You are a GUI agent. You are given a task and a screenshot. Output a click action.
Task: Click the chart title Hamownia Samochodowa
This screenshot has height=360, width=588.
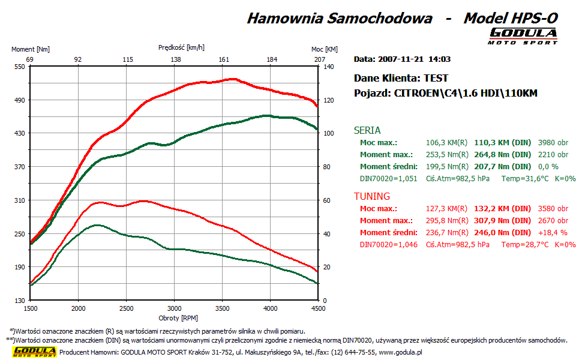[x=340, y=18]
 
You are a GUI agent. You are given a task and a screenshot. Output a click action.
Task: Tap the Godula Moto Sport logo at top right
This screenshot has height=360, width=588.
[x=523, y=36]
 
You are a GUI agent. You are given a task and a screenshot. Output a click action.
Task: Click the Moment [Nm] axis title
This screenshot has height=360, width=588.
[x=31, y=49]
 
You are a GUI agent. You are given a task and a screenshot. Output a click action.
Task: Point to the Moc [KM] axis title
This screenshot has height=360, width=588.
[x=325, y=49]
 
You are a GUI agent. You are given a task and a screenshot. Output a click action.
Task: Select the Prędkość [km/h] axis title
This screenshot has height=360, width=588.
[x=182, y=47]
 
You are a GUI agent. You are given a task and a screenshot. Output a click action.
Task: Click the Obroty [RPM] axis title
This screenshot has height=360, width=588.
[x=178, y=317]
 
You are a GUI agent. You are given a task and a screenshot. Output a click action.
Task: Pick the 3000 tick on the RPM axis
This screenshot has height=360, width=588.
[x=174, y=308]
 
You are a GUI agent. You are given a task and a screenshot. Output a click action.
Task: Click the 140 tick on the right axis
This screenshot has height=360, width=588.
[x=328, y=67]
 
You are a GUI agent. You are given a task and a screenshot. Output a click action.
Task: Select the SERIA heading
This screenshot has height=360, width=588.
[x=367, y=130]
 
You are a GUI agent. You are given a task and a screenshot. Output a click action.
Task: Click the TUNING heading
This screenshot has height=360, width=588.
[x=372, y=196]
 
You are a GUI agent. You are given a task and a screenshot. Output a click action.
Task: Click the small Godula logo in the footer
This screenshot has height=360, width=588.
[x=35, y=352]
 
